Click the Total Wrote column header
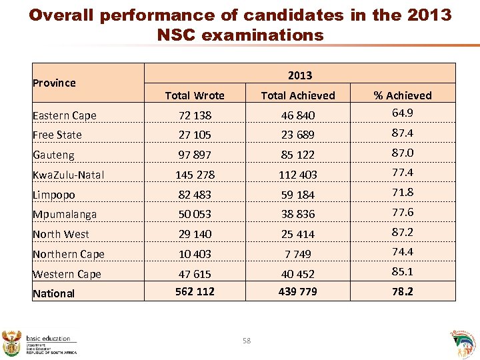195,95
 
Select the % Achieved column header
402,95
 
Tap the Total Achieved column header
298,95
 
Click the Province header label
54,83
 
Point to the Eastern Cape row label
65,115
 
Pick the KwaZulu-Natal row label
69,175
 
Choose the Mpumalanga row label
65,214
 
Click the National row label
54,293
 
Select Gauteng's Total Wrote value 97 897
195,155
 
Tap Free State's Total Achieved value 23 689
298,135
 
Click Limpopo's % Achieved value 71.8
402,192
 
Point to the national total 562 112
195,291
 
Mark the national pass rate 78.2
402,291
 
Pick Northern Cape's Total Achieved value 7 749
298,254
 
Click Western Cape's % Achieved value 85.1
402,271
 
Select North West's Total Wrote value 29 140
195,234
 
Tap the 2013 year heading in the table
300,75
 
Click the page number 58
247,341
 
